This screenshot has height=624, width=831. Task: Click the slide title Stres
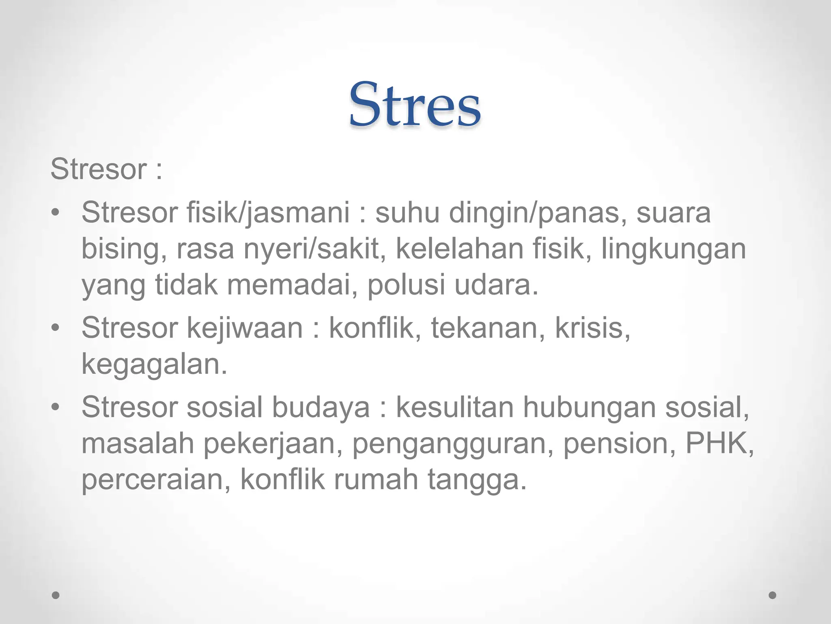[415, 105]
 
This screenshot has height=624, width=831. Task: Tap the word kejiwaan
[245, 328]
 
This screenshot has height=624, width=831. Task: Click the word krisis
[592, 328]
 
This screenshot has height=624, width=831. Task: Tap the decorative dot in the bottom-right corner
[772, 595]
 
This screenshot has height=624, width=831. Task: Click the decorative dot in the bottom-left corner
[56, 595]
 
